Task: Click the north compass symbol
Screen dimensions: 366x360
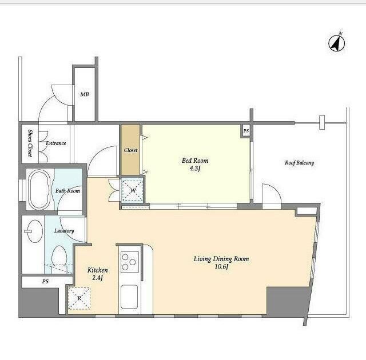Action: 337,43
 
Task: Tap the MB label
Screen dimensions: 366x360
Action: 85,94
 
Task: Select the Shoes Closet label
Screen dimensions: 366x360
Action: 30,143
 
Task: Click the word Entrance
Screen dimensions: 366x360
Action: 56,143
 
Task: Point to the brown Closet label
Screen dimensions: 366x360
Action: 130,150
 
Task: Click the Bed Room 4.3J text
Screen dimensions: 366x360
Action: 195,164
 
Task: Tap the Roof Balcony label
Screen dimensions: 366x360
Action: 299,163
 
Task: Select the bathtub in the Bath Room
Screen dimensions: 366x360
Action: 39,190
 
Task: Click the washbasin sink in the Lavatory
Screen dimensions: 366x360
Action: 34,231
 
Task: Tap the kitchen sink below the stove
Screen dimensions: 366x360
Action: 129,297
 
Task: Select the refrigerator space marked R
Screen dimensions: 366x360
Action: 79,298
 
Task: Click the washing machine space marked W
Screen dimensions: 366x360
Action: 133,190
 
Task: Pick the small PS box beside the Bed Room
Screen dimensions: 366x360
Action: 246,131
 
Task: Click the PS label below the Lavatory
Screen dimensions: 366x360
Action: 45,281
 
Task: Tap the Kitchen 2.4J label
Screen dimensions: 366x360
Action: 98,274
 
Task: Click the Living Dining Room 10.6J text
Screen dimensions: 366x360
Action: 221,262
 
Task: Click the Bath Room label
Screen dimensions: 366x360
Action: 67,191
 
